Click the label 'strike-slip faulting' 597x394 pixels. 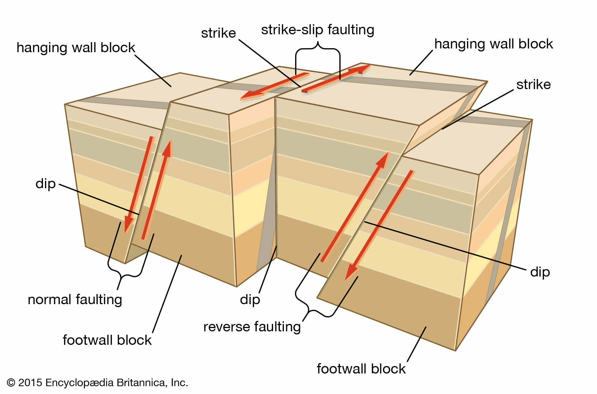[318, 30]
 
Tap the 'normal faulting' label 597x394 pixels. [75, 299]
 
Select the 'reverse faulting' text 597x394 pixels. [252, 327]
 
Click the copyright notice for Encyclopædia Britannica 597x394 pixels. [97, 382]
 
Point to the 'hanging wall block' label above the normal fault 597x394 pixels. [76, 48]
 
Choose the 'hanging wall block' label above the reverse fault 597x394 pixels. [493, 44]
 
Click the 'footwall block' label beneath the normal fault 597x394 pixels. [107, 340]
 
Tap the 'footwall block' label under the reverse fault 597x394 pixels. [361, 369]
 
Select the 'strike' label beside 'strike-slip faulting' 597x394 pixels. [218, 33]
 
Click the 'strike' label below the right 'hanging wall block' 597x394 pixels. [533, 85]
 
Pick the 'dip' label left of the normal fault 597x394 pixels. [46, 184]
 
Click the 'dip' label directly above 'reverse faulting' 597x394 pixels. [250, 299]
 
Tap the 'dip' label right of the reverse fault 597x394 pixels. [540, 272]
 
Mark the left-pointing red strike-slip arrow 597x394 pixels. [274, 86]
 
